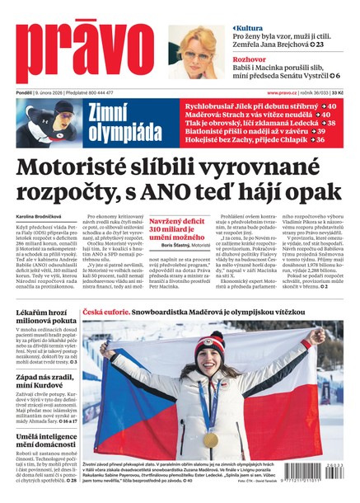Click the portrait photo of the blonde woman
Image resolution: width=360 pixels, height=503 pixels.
pyautogui.click(x=198, y=51)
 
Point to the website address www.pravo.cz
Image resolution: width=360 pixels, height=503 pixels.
pyautogui.click(x=286, y=93)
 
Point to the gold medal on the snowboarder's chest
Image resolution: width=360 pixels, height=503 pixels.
pyautogui.click(x=211, y=440)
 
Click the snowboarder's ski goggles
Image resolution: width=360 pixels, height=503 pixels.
pyautogui.click(x=212, y=344)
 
